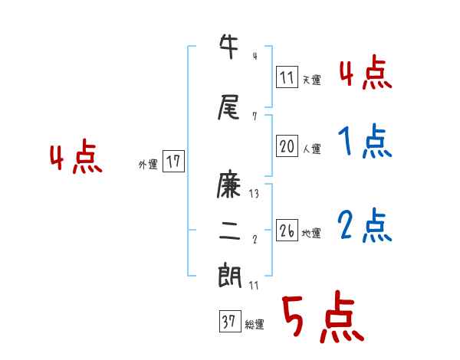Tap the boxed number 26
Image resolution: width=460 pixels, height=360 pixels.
[x=287, y=231]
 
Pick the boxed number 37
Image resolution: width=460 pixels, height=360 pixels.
[x=229, y=322]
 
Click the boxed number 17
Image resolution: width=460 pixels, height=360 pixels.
[x=173, y=162]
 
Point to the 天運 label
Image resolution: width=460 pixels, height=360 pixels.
[x=311, y=80]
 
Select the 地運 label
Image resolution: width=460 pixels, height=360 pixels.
[x=311, y=234]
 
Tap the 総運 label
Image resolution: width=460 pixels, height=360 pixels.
[x=255, y=325]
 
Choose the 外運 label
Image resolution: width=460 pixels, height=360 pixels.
[x=148, y=164]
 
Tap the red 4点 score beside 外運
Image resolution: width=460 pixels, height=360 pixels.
[x=76, y=158]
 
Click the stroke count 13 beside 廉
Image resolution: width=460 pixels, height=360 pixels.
[x=255, y=194]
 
